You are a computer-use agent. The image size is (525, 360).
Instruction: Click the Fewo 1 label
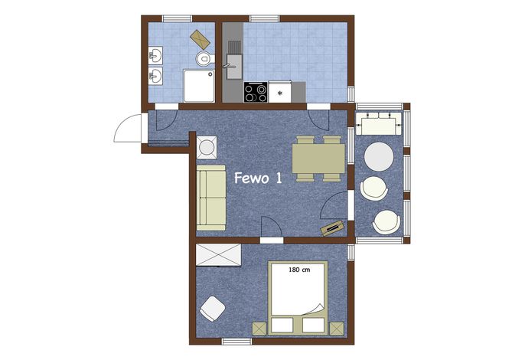[x=258, y=178]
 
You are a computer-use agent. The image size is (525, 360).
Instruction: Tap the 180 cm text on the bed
[x=299, y=270]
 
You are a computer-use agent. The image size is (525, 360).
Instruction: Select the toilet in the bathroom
[x=204, y=59]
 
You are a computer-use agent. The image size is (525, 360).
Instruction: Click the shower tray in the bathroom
[x=199, y=86]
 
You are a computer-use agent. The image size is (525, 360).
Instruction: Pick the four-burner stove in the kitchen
[x=256, y=92]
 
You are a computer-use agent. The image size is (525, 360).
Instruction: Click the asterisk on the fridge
[x=280, y=93]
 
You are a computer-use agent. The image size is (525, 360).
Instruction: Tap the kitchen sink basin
[x=233, y=67]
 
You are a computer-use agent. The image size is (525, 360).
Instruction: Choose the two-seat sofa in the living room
[x=211, y=198]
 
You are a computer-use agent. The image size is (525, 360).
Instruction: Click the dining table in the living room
[x=318, y=159]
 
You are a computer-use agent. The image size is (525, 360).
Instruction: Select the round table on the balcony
[x=379, y=157]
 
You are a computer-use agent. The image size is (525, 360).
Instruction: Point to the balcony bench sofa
[x=378, y=123]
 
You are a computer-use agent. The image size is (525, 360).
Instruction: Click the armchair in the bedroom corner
[x=213, y=309]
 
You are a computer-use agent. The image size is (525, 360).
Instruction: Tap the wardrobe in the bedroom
[x=218, y=255]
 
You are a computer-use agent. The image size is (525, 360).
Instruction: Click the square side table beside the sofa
[x=207, y=148]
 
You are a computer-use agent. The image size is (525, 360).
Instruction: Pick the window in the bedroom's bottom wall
[x=236, y=341]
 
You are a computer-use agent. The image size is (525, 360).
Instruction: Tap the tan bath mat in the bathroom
[x=200, y=40]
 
